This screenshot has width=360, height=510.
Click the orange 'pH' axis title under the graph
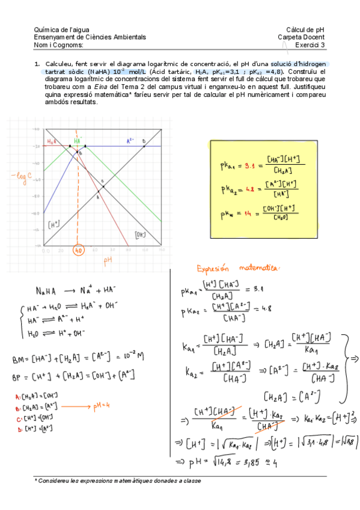(x=108, y=261)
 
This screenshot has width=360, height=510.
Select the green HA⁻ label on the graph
(x=77, y=141)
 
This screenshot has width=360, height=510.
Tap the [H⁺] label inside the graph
(x=53, y=224)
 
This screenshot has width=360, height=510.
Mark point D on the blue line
(x=144, y=142)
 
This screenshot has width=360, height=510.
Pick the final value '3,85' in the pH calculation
(x=246, y=463)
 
